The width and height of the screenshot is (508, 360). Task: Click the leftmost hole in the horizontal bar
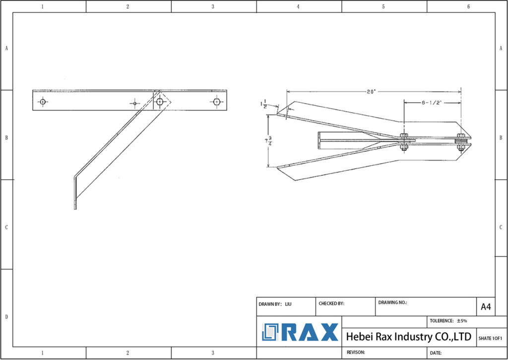pyautogui.click(x=43, y=102)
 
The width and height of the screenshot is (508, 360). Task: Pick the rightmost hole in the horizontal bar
pyautogui.click(x=216, y=102)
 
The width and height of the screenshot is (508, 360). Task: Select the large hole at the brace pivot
pyautogui.click(x=159, y=102)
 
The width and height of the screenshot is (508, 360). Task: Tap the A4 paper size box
pyautogui.click(x=486, y=307)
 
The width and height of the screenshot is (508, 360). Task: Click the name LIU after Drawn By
pyautogui.click(x=288, y=303)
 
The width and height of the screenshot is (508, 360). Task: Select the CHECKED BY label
pyautogui.click(x=331, y=303)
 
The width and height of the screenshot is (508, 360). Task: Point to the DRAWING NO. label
pyautogui.click(x=392, y=302)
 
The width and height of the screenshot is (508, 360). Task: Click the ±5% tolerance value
pyautogui.click(x=462, y=321)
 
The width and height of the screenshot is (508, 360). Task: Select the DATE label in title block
pyautogui.click(x=436, y=353)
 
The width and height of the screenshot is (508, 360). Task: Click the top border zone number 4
pyautogui.click(x=298, y=6)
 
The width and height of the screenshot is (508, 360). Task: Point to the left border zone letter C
pyautogui.click(x=6, y=227)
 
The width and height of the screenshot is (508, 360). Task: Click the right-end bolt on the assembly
pyautogui.click(x=461, y=141)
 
